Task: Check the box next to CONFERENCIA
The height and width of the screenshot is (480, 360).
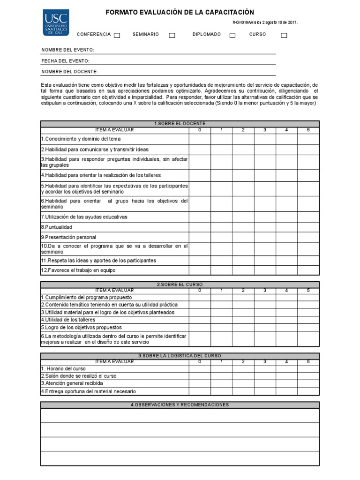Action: click(117, 35)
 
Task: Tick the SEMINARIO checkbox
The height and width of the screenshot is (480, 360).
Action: click(172, 35)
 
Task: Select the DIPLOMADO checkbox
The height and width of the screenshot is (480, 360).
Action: click(232, 35)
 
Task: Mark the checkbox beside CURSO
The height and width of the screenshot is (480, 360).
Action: click(284, 35)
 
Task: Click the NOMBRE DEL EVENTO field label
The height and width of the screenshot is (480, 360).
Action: click(68, 50)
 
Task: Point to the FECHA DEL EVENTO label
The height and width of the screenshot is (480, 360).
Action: click(66, 61)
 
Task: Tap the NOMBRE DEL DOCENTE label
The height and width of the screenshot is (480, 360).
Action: click(70, 72)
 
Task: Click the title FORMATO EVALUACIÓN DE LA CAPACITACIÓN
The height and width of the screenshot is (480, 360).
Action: click(180, 12)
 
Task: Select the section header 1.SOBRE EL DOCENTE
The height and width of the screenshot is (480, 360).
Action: click(180, 124)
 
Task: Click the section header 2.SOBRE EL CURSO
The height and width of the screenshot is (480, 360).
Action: click(180, 285)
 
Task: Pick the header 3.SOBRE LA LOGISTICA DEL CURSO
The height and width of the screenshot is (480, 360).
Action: click(180, 356)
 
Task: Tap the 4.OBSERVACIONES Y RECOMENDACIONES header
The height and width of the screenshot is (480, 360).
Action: click(180, 405)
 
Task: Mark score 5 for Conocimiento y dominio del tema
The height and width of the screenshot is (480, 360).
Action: click(308, 139)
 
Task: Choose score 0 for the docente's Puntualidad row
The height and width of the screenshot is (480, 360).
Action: click(200, 227)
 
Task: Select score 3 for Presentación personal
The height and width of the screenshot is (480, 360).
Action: click(265, 237)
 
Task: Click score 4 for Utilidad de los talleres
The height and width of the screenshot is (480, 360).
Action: click(286, 320)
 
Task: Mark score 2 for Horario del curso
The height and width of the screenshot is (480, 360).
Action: click(243, 368)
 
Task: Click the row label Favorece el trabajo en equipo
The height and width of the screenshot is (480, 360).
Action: click(78, 270)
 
